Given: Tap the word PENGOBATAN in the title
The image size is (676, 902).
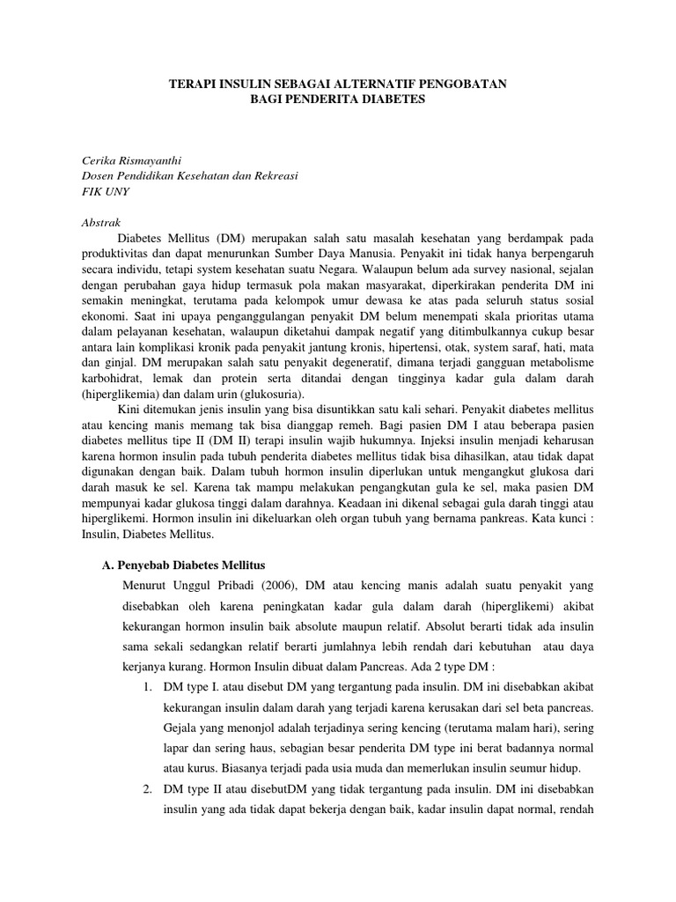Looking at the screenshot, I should click(x=467, y=84).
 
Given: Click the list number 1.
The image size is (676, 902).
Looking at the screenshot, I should click(x=148, y=686).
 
